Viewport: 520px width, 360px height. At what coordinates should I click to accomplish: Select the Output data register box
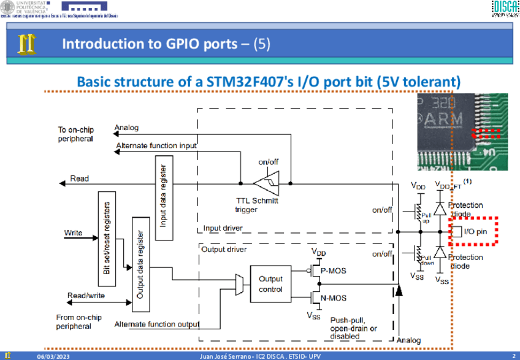click(x=140, y=265)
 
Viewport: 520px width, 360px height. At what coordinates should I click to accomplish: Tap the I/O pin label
click(x=475, y=231)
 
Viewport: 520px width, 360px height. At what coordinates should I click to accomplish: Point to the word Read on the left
click(x=80, y=178)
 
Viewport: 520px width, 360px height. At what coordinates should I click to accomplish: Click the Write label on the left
click(x=74, y=233)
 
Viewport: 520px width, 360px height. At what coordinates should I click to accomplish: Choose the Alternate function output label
click(x=157, y=324)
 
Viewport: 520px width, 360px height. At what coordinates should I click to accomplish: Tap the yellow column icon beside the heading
click(x=26, y=44)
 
